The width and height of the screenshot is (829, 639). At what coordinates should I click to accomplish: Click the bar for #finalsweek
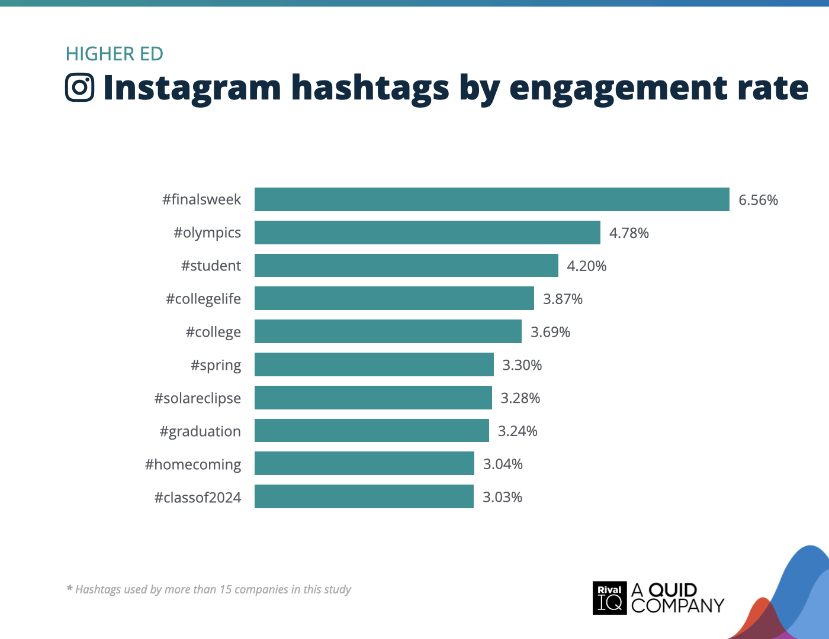point(491,199)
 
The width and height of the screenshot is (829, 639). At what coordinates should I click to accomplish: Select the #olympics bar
point(427,233)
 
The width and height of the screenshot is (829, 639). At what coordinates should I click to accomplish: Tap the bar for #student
point(406,266)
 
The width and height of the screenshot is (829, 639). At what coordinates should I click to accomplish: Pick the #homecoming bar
point(364,464)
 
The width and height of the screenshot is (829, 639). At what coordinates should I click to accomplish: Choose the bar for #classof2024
point(364,497)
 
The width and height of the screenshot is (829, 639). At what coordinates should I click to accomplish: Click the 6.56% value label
point(758,200)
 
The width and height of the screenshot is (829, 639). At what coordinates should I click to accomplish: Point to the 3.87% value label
point(563,299)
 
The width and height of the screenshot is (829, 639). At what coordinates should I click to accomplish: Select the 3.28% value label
point(520,398)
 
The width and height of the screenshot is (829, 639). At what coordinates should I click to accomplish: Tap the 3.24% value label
point(517,431)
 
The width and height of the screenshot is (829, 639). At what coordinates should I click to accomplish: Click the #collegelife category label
point(203,299)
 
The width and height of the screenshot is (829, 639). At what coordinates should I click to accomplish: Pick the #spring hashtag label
point(216,366)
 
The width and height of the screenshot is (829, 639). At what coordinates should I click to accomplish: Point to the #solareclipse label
point(197,398)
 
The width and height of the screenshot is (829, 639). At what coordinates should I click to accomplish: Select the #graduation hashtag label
point(200,431)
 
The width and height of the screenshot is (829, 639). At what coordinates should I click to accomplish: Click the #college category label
point(213,333)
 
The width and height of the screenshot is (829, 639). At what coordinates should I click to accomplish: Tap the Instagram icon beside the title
point(79,88)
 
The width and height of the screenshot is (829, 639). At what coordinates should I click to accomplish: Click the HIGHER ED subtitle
point(114,54)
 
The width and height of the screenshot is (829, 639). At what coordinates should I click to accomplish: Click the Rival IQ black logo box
point(609,598)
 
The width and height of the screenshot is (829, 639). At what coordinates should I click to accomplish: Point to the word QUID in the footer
point(673,590)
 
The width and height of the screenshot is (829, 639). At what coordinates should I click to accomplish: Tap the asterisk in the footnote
point(69,589)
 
